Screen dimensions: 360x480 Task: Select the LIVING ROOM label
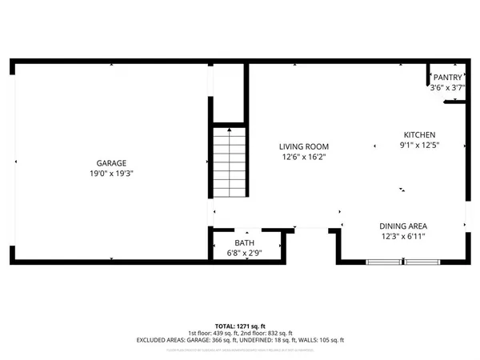pyautogui.click(x=304, y=146)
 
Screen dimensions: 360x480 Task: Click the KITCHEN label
pyautogui.click(x=419, y=135)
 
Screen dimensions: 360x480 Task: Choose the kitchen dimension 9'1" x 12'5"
pyautogui.click(x=419, y=146)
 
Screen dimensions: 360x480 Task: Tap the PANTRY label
pyautogui.click(x=446, y=78)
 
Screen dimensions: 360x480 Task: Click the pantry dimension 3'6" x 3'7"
pyautogui.click(x=446, y=87)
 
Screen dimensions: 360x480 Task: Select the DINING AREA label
pyautogui.click(x=402, y=226)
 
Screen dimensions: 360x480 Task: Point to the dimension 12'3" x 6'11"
pyautogui.click(x=402, y=236)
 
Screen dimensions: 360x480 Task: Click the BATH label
pyautogui.click(x=245, y=243)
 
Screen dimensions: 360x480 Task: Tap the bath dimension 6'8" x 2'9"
pyautogui.click(x=245, y=254)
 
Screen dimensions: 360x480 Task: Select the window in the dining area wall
pyautogui.click(x=403, y=262)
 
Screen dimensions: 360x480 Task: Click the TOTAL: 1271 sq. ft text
pyautogui.click(x=240, y=326)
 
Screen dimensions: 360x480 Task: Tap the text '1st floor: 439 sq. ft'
pyautogui.click(x=213, y=333)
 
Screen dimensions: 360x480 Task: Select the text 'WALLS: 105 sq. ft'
pyautogui.click(x=319, y=340)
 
